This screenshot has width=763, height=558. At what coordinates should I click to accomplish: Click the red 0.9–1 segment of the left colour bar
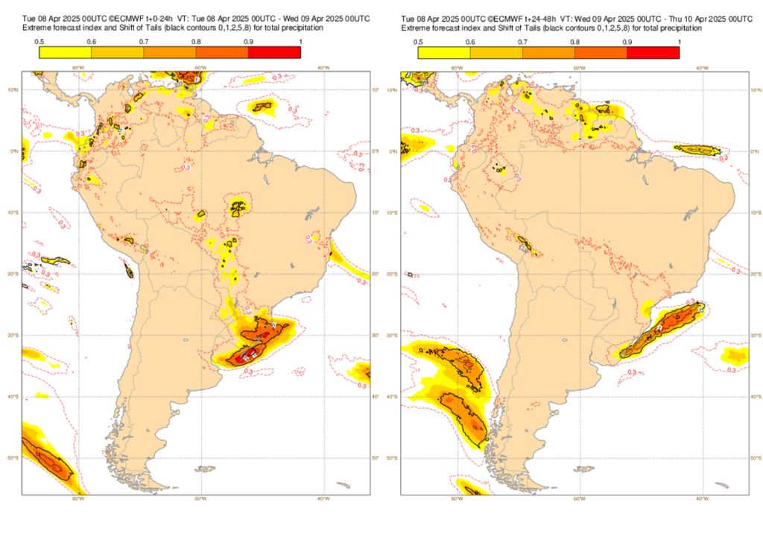(274, 52)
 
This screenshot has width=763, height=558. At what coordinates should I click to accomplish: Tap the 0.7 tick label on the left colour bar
(143, 41)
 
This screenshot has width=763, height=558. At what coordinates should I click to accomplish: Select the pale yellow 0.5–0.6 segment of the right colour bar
(443, 52)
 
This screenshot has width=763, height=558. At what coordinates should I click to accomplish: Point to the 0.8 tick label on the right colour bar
(574, 41)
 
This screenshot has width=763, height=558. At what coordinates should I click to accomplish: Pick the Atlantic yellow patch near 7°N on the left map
(262, 107)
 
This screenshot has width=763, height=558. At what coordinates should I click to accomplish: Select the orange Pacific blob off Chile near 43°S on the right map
(466, 418)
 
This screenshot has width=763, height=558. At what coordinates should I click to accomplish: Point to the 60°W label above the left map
(200, 68)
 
